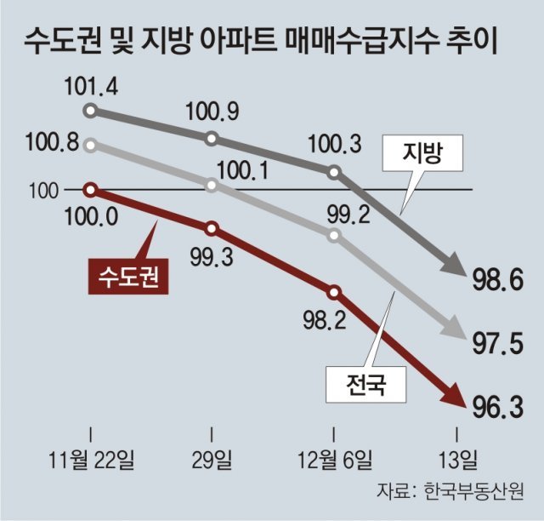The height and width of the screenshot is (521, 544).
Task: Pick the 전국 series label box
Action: (x=366, y=388)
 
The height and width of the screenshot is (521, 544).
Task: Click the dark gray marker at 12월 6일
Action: (x=334, y=173)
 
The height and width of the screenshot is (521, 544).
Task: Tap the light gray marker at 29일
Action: (x=212, y=183)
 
